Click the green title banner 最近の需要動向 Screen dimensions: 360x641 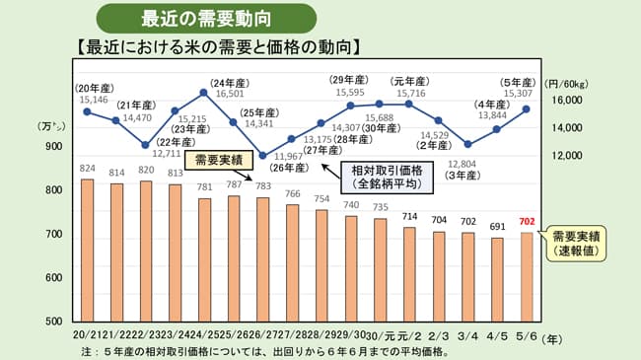206,18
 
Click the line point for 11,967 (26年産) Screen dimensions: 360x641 262,156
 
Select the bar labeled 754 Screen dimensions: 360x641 321,265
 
